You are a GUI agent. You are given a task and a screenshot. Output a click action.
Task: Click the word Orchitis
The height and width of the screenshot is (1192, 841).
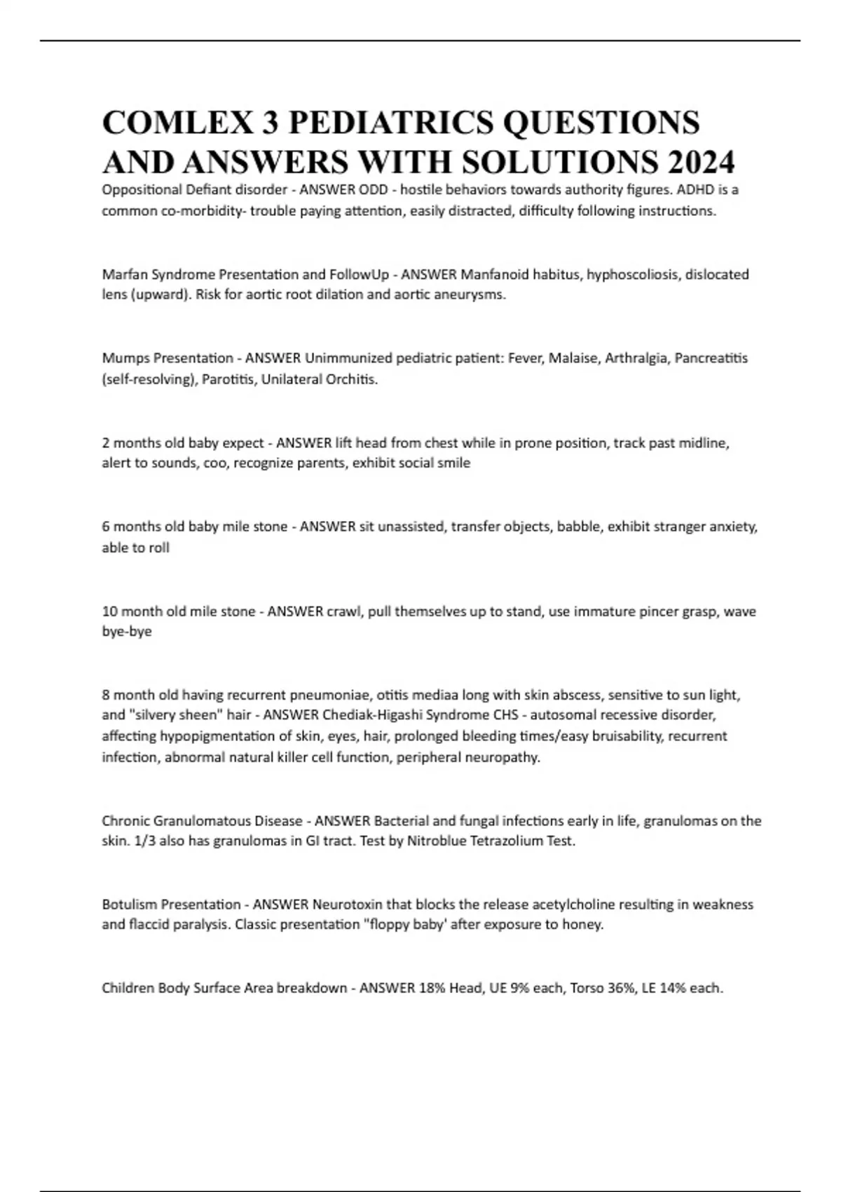pyautogui.click(x=352, y=379)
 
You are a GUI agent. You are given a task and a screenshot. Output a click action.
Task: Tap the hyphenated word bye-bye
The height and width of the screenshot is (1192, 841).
pyautogui.click(x=127, y=631)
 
